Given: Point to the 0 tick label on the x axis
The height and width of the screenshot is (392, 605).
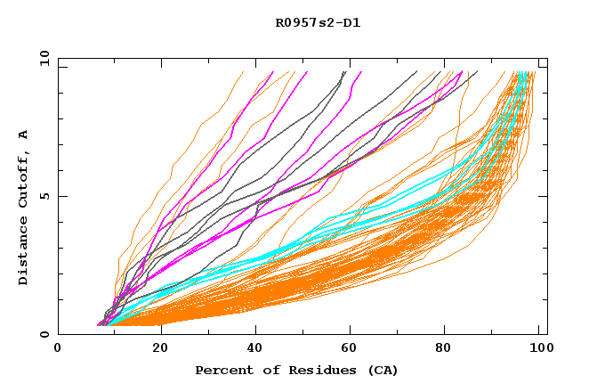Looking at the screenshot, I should click(x=58, y=348).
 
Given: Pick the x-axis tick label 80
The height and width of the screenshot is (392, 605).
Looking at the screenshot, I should click(x=445, y=348).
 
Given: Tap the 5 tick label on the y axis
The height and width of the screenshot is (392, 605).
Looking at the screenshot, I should click(x=48, y=196).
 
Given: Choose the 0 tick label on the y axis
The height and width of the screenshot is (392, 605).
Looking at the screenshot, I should click(x=48, y=334).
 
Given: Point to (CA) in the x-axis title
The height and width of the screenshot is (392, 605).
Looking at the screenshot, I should click(x=381, y=370).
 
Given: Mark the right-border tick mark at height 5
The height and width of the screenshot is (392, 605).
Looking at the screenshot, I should click(x=544, y=196).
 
